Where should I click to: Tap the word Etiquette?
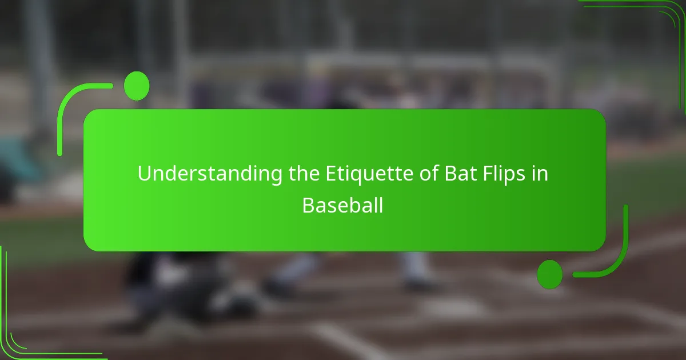coord(354,174)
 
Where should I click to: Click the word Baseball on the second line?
coord(342,205)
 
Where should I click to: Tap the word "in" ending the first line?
coord(540,174)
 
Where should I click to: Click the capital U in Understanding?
coord(143,174)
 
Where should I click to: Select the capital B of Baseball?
coord(308,205)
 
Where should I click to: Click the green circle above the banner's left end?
coord(137,86)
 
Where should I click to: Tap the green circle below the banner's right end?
coord(549,274)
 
